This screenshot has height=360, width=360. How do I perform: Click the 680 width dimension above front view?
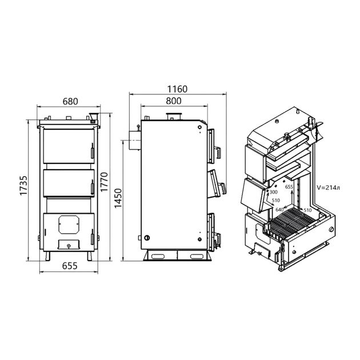tap(70, 101)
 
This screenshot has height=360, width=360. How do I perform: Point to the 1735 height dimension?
tap(23, 186)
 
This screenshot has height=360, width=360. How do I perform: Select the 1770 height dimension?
tap(104, 182)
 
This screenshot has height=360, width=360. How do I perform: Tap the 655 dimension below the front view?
tap(70, 266)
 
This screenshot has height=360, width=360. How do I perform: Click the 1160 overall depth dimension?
tap(177, 89)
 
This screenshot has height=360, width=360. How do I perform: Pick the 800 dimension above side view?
tap(173, 101)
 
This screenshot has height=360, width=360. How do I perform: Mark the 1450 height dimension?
tap(118, 198)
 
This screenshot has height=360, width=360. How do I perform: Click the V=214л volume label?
tap(329, 187)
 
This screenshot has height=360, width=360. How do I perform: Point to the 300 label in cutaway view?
tap(273, 192)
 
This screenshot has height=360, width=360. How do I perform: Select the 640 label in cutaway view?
tap(279, 210)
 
